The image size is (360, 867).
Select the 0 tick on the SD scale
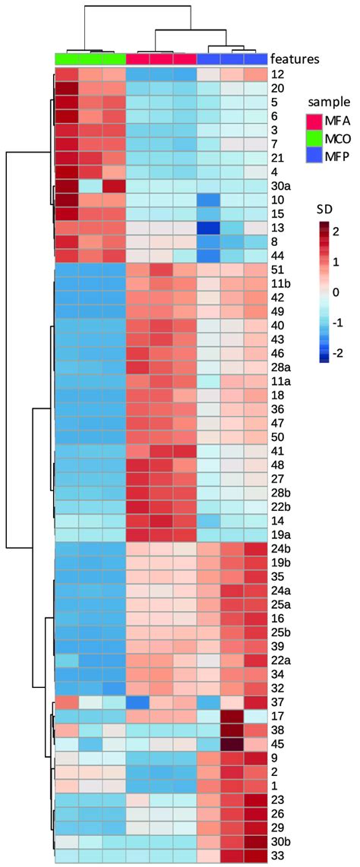(x=336, y=292)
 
